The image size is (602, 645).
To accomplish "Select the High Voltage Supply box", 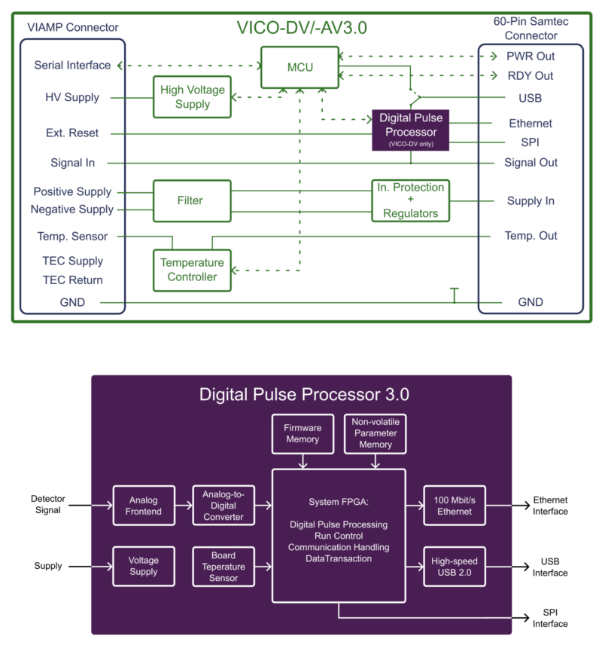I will (x=192, y=97).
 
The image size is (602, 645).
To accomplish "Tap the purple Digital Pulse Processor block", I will (x=410, y=129).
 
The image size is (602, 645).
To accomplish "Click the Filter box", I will (x=192, y=200).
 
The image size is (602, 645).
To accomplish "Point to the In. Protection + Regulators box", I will (x=410, y=200).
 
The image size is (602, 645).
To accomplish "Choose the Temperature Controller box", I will (x=192, y=270).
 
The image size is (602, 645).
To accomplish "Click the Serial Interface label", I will (x=72, y=66).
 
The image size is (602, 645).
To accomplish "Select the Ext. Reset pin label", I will (x=74, y=133).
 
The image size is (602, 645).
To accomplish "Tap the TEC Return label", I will (x=72, y=280).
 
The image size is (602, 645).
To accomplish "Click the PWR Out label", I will (x=530, y=57).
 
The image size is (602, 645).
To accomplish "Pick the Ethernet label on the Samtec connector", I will (x=531, y=123).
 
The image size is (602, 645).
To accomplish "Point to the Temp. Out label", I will (x=531, y=236).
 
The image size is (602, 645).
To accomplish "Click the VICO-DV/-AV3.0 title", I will (x=302, y=29).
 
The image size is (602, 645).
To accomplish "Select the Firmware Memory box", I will (x=303, y=433).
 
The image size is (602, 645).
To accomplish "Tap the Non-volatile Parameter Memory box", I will (x=375, y=433).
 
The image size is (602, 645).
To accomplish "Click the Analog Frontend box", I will (x=144, y=506).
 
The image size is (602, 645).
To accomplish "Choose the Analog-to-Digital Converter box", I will (x=223, y=506).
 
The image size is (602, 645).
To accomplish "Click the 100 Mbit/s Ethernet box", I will (x=454, y=506).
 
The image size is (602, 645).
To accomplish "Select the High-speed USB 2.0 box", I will (x=454, y=567).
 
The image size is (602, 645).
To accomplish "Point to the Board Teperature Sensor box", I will (x=223, y=567).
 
